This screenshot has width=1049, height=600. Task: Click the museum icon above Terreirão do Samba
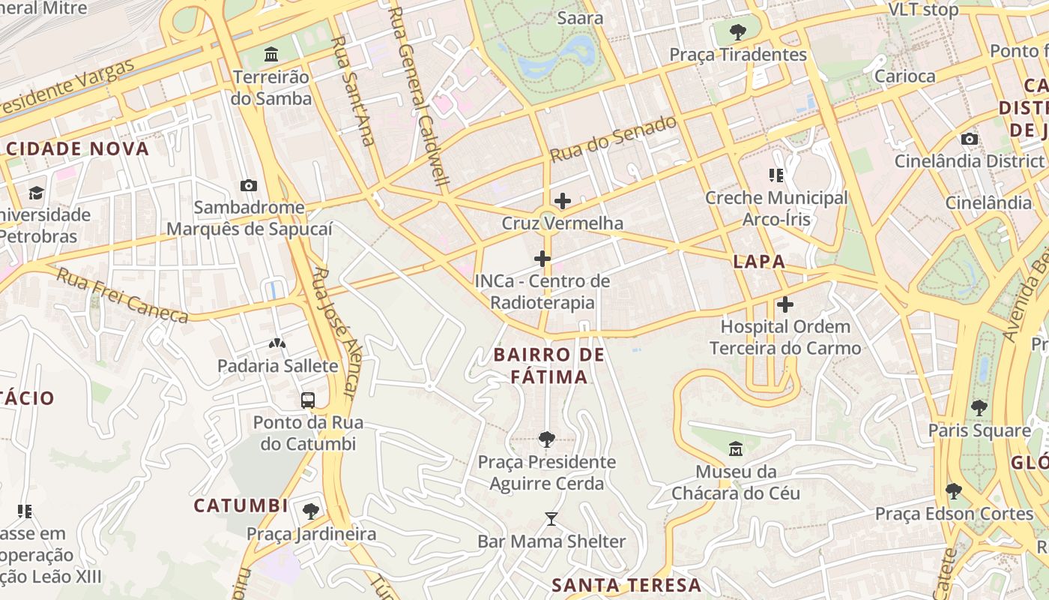coord(271,55)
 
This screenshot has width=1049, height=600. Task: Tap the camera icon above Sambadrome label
coord(249,185)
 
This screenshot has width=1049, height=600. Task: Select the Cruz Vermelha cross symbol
coord(563,201)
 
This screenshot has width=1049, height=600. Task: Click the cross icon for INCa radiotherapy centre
coord(542,259)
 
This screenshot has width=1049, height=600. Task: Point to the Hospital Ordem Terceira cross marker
coord(785,304)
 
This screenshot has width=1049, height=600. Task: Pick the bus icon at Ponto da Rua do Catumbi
coord(308,400)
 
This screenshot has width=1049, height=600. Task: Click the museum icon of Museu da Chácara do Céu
coord(736,449)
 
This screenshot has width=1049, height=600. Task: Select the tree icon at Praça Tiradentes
coord(738,32)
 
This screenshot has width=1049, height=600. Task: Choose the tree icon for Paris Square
coord(979,408)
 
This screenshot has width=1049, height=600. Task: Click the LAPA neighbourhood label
coord(759,262)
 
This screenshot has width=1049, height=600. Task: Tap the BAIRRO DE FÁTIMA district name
coord(550,365)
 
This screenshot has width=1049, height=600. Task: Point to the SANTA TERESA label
coord(626,586)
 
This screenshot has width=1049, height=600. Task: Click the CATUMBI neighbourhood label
coord(241,505)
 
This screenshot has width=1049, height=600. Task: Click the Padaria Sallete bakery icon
coord(277,343)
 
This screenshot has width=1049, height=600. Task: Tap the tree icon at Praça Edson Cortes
coord(954,491)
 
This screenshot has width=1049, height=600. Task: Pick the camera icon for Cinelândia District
coord(970,139)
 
